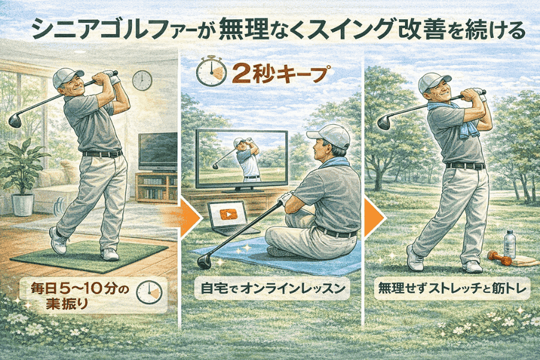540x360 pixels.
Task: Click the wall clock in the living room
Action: click(x=142, y=80)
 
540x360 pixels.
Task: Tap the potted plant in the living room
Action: click(x=22, y=176)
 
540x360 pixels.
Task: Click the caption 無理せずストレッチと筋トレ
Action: click(x=452, y=288)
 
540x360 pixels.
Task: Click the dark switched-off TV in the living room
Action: click(x=158, y=152)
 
